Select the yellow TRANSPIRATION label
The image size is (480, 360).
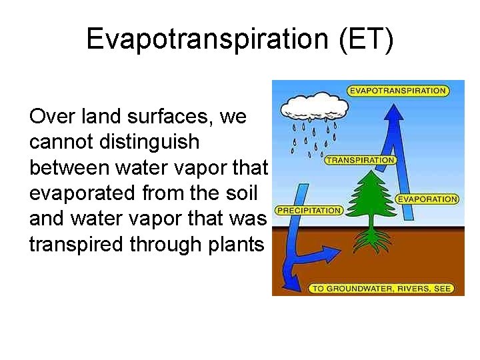[360, 160]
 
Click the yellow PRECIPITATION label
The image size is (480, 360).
[309, 210]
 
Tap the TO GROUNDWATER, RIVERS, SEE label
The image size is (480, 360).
[381, 288]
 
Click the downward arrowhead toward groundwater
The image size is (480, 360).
[291, 276]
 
